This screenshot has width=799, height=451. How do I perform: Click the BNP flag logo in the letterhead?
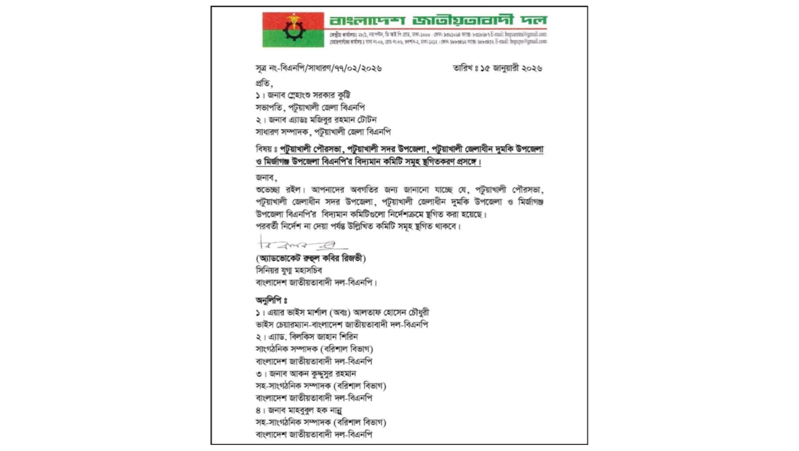tap(293, 30)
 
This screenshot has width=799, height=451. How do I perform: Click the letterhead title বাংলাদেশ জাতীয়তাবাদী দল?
tap(438, 21)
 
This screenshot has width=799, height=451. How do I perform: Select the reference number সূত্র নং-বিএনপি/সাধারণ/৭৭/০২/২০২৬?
tap(318, 68)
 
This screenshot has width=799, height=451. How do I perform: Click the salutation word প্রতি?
tap(263, 83)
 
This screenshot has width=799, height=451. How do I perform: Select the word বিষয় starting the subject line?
tap(265, 150)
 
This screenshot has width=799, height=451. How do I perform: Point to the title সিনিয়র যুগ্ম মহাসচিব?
tap(288, 270)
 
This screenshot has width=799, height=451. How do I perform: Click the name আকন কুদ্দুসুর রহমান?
tap(325, 373)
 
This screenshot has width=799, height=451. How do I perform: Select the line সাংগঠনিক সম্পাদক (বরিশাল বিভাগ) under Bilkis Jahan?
tap(314, 349)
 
